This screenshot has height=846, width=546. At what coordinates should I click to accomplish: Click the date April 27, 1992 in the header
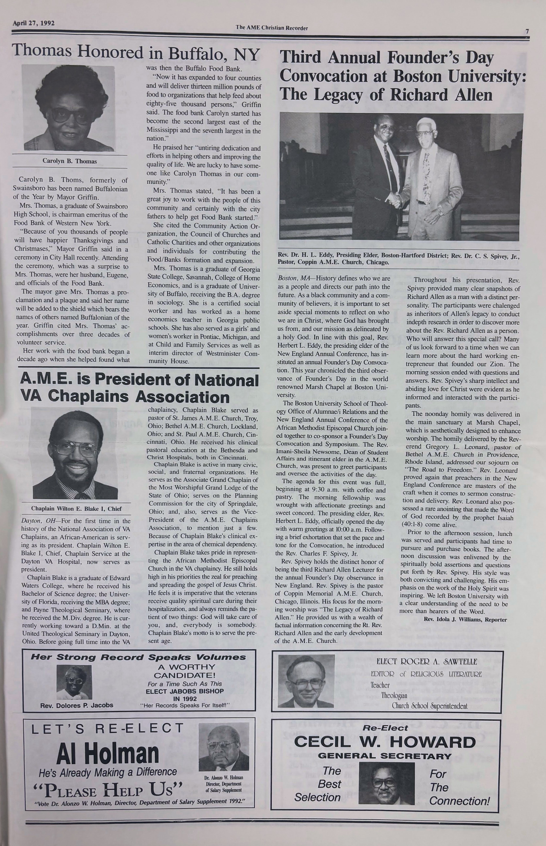(33, 24)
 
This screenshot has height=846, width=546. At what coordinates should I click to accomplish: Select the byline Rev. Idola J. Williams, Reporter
(465, 619)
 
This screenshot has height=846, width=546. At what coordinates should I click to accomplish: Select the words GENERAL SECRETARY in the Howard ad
(385, 756)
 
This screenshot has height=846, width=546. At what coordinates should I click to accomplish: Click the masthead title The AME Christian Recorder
(272, 28)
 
